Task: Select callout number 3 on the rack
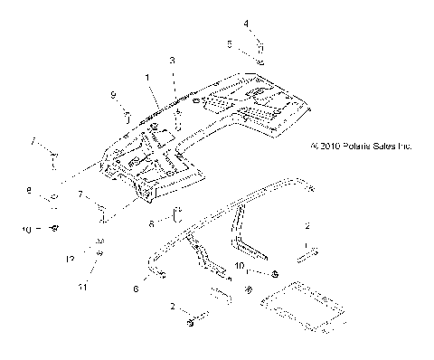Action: coord(172,60)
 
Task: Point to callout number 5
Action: coord(230,42)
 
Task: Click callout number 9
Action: coord(114,94)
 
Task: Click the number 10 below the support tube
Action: coord(239,266)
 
